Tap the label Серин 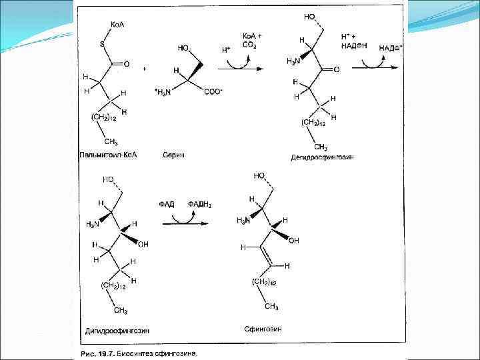pyautogui.click(x=173, y=155)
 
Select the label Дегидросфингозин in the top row pyautogui.click(x=321, y=157)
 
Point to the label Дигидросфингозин pyautogui.click(x=117, y=330)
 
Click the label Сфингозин pyautogui.click(x=263, y=328)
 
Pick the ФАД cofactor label pyautogui.click(x=167, y=204)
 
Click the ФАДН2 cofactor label pyautogui.click(x=199, y=204)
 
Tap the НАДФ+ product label pyautogui.click(x=391, y=47)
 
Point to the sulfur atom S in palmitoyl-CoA pyautogui.click(x=102, y=45)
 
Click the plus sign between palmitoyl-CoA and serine pyautogui.click(x=144, y=68)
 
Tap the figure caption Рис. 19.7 pyautogui.click(x=140, y=353)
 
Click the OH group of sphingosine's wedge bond pyautogui.click(x=294, y=240)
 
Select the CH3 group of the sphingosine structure pyautogui.click(x=271, y=307)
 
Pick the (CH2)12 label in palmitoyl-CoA pyautogui.click(x=104, y=118)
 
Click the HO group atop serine pyautogui.click(x=183, y=48)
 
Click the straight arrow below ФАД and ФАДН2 pyautogui.click(x=184, y=223)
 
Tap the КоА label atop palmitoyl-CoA pyautogui.click(x=117, y=25)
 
